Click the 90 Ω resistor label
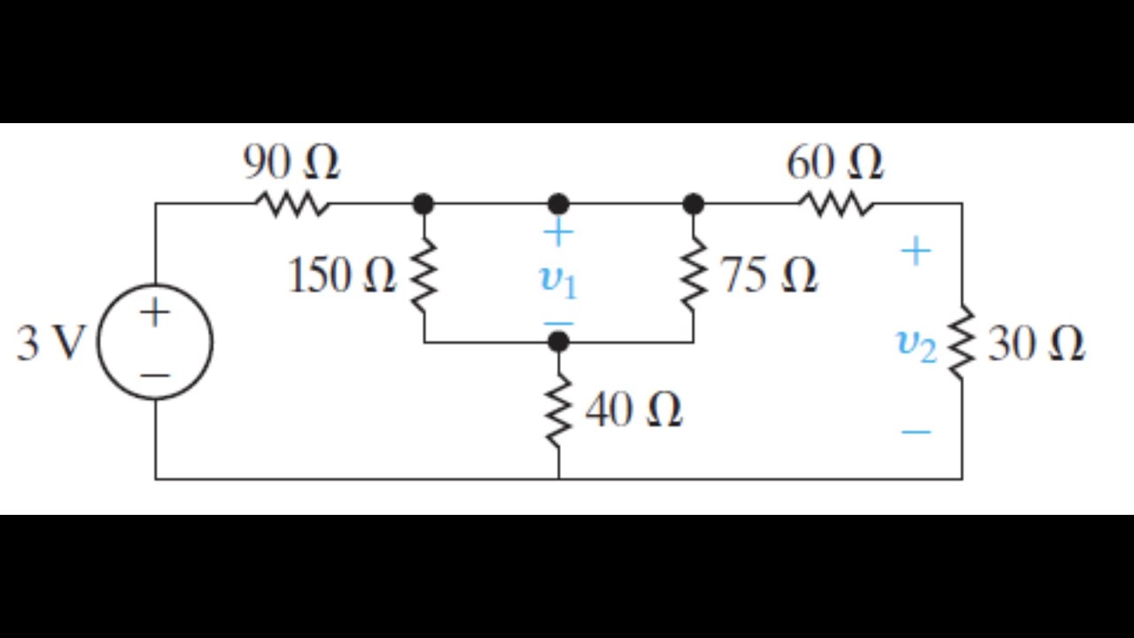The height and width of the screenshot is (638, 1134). click(x=291, y=163)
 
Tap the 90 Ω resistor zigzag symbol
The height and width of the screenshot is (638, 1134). click(x=293, y=205)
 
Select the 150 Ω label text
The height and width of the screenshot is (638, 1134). click(x=341, y=276)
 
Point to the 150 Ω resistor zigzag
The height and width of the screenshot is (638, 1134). click(x=423, y=275)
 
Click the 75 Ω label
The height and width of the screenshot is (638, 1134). click(x=768, y=276)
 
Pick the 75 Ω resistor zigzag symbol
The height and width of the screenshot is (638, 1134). click(x=693, y=275)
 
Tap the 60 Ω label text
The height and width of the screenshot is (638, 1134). click(x=835, y=163)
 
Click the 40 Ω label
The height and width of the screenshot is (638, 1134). click(x=633, y=410)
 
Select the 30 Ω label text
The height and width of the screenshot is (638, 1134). click(x=1036, y=344)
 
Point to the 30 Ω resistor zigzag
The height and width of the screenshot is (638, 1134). click(x=962, y=344)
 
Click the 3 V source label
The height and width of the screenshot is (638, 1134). click(x=50, y=344)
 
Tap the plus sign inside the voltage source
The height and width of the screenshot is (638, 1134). click(x=154, y=313)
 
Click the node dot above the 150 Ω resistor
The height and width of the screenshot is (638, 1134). click(x=423, y=205)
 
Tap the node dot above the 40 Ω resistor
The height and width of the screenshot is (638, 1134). click(x=558, y=341)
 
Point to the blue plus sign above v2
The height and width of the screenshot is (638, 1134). click(x=916, y=253)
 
